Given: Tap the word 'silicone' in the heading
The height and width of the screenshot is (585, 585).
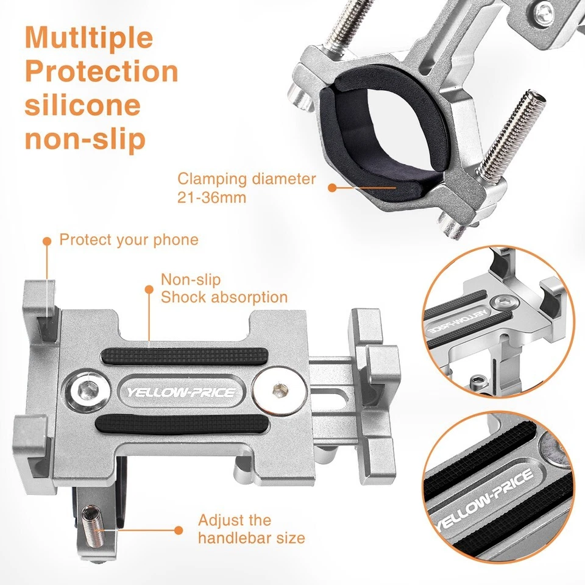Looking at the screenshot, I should click(82, 105).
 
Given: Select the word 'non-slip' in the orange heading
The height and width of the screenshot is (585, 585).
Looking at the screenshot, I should click(85, 139).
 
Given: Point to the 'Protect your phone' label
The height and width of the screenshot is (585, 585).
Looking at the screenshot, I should click(129, 239).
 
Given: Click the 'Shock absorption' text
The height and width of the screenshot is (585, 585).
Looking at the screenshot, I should click(224, 297).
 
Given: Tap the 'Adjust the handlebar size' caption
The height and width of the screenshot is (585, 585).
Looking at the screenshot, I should click(251, 529).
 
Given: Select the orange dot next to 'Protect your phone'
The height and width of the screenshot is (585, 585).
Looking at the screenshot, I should click(46, 241).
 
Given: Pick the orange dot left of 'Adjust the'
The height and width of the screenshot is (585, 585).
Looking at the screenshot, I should click(179, 530).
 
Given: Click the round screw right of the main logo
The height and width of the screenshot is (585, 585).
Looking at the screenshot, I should click(278, 389).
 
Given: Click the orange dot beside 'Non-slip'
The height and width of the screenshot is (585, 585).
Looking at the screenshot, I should click(148, 289).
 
